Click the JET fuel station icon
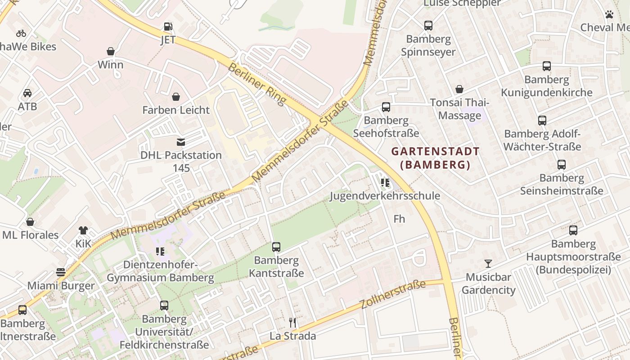click(167, 27)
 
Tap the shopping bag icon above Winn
click(111, 51)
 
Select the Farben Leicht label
click(176, 110)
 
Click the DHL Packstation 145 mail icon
click(180, 142)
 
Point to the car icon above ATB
click(27, 93)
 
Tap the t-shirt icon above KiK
click(83, 230)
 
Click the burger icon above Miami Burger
click(61, 272)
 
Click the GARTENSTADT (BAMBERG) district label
click(435, 158)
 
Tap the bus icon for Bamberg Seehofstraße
click(386, 107)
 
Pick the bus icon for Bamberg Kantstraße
click(276, 247)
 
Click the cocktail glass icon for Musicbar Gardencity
click(488, 264)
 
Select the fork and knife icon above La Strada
click(292, 322)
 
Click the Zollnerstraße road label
click(393, 294)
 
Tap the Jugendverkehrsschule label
click(385, 196)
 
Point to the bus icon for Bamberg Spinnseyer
click(428, 26)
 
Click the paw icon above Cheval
click(609, 14)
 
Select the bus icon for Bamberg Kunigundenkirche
click(547, 67)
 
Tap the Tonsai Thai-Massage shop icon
click(459, 90)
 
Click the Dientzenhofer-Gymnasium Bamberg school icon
click(160, 251)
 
